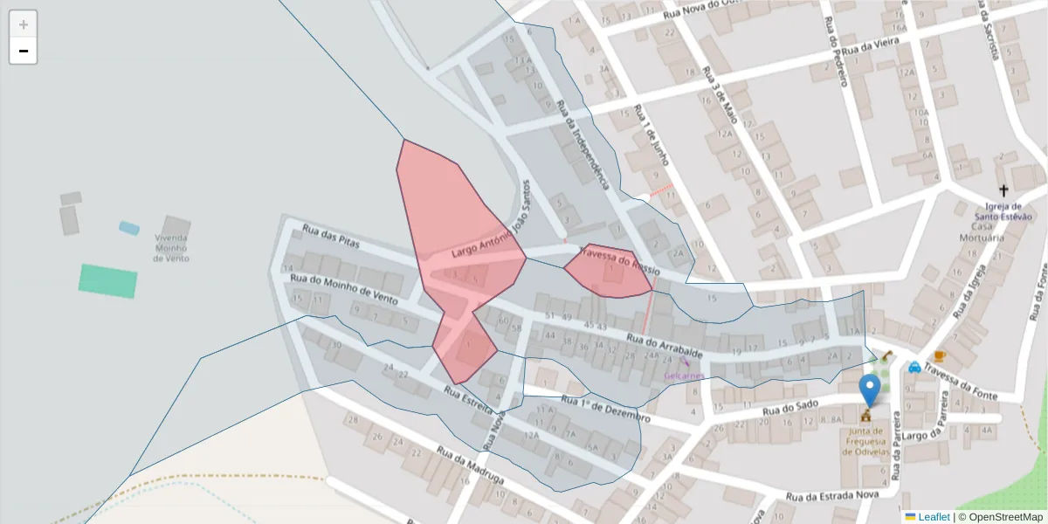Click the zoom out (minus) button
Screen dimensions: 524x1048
click(x=24, y=52)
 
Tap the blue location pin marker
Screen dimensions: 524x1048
click(x=869, y=390)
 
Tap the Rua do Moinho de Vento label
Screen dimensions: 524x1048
click(x=344, y=288)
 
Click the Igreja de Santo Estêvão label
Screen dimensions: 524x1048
click(x=1003, y=212)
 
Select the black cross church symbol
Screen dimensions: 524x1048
click(x=1003, y=190)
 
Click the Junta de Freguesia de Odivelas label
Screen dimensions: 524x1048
click(x=865, y=441)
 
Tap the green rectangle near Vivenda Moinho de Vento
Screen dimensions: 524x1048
click(x=108, y=281)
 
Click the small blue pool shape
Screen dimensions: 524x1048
click(x=129, y=228)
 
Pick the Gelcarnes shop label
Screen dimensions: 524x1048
click(x=684, y=376)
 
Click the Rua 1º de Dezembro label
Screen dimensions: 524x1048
click(x=606, y=409)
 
